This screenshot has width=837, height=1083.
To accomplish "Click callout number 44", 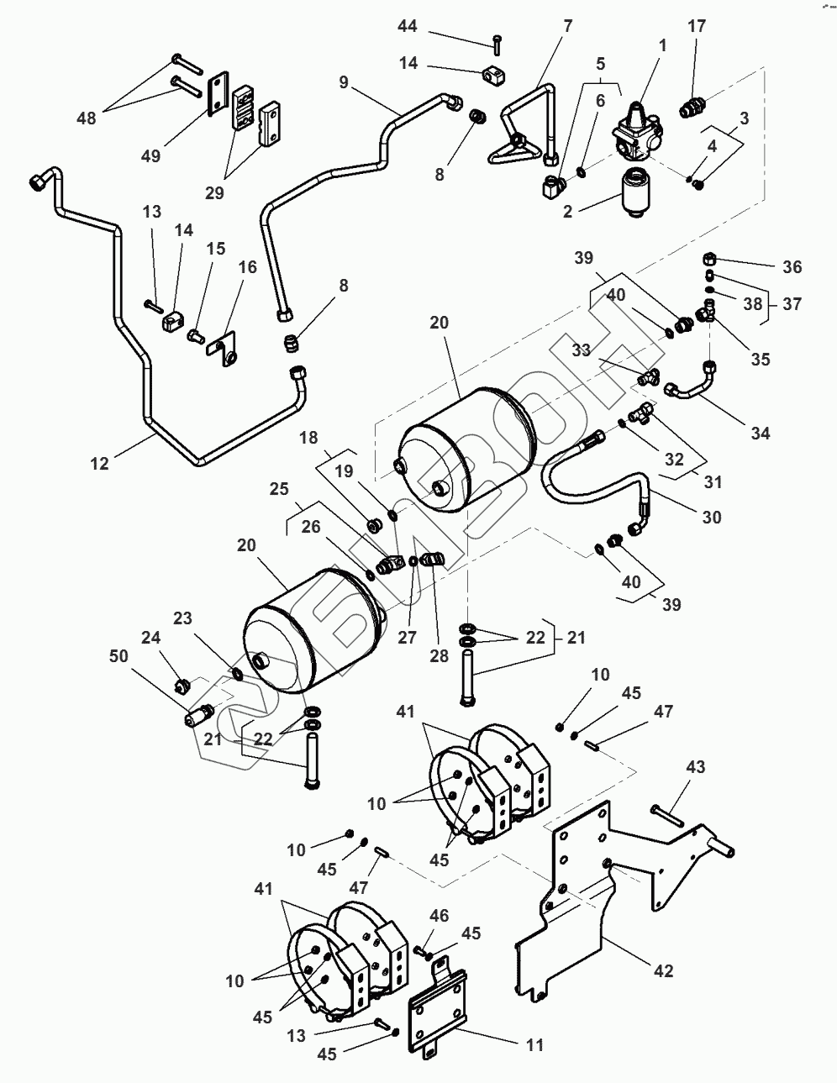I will (x=407, y=28).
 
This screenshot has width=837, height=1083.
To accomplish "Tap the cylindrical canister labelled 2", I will (x=635, y=192).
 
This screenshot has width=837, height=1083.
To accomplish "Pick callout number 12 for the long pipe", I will (x=100, y=462).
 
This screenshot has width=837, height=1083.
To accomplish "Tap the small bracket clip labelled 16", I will (x=224, y=349).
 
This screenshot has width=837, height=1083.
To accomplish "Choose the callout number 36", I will (x=791, y=267).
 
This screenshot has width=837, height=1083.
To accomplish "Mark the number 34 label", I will (x=761, y=433).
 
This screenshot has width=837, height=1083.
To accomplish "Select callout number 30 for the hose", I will (x=711, y=517).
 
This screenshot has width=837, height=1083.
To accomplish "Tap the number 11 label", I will (x=534, y=1045).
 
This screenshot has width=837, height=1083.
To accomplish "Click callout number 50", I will (x=119, y=656).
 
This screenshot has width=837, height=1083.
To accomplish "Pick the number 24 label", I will (x=150, y=637).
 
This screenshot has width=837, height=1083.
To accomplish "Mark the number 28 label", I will (x=440, y=655).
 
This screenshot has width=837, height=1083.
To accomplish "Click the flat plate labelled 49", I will (x=217, y=92).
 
